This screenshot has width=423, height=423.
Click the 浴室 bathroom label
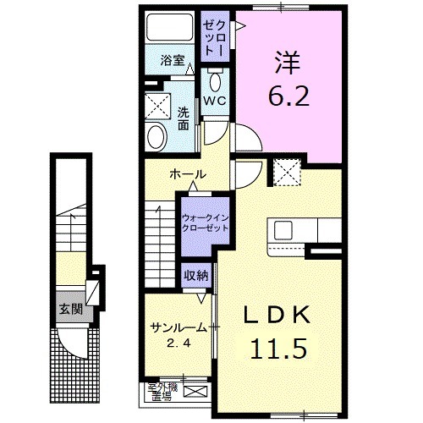pyautogui.click(x=173, y=60)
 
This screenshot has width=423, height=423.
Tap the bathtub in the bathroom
pyautogui.click(x=168, y=29)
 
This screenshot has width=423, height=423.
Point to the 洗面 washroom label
pyautogui.click(x=183, y=117)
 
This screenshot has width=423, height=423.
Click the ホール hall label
pyautogui.click(x=188, y=174)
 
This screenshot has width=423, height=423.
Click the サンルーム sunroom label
pyautogui.click(x=178, y=328)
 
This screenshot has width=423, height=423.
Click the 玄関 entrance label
pyautogui.click(x=70, y=308)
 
